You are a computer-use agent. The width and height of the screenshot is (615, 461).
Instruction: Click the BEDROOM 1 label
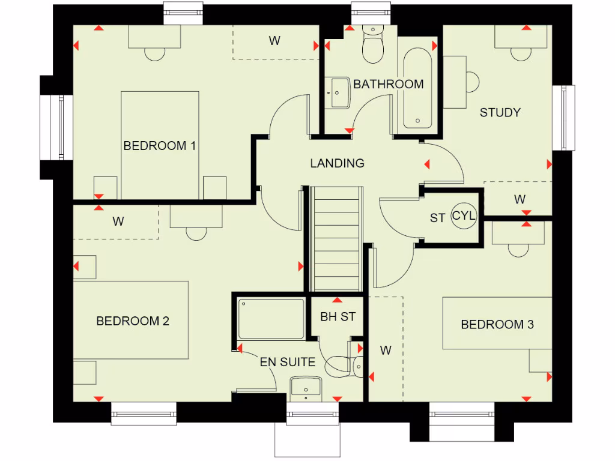(160, 146)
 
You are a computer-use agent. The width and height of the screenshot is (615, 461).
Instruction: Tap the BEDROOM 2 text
(133, 321)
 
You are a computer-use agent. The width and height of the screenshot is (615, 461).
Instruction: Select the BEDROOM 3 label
(497, 325)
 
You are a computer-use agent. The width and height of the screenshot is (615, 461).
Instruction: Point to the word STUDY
(500, 112)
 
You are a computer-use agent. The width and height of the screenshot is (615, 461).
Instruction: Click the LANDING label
(337, 163)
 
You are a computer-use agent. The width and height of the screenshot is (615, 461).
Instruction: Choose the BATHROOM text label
(388, 84)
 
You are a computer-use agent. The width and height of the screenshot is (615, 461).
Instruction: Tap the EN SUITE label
(287, 362)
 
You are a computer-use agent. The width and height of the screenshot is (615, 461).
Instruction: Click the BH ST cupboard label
(338, 316)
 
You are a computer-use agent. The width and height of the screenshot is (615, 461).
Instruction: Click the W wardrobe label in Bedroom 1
(274, 41)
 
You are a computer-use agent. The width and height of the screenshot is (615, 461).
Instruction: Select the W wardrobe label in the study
(520, 199)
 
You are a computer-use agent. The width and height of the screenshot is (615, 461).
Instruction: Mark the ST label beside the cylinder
(437, 218)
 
